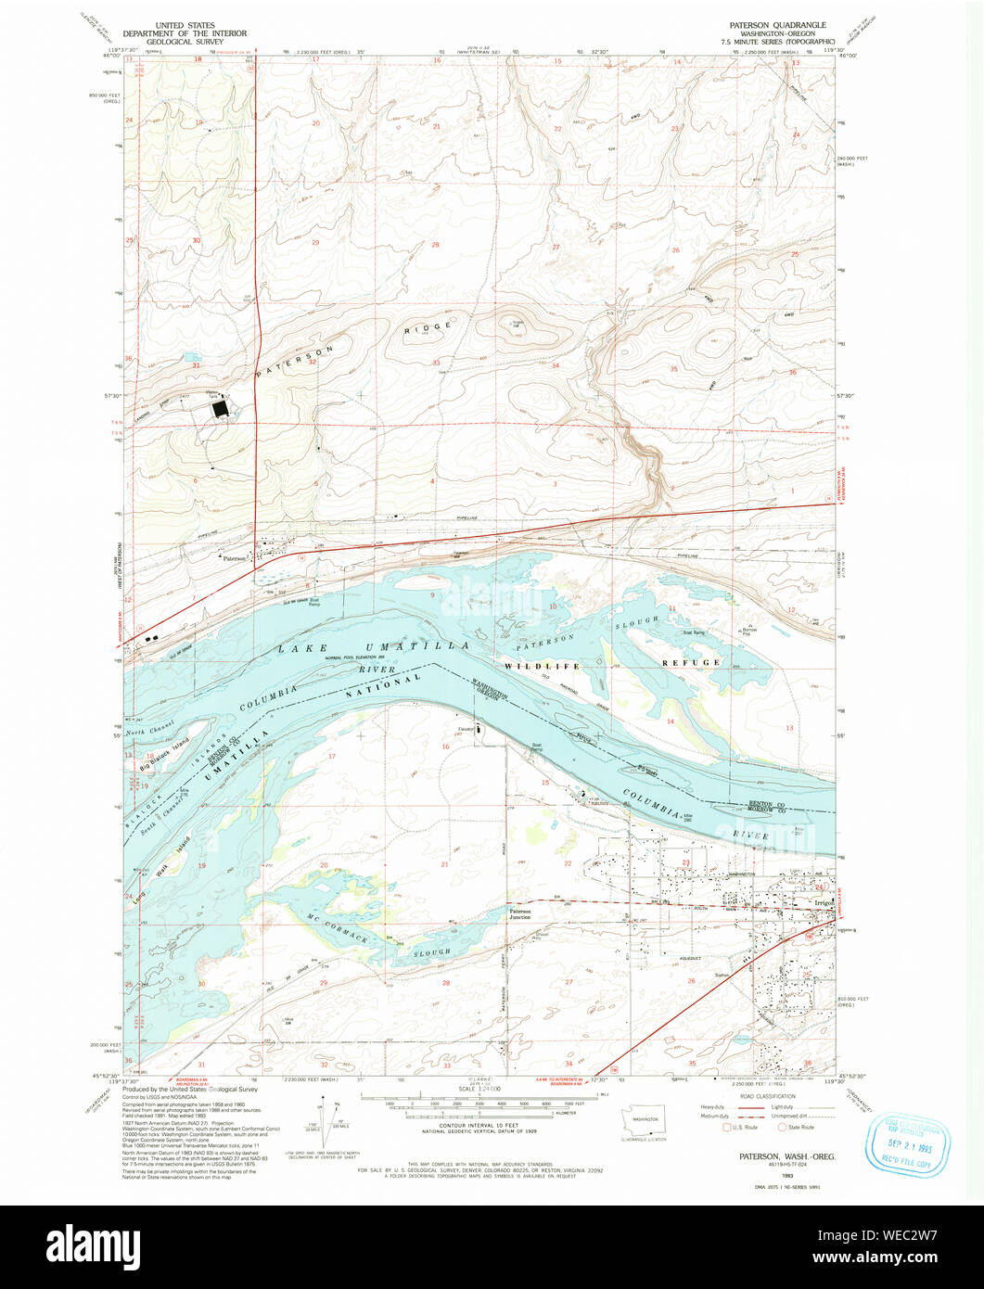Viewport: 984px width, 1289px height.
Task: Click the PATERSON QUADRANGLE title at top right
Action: click(777, 24)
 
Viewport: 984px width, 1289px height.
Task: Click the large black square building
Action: click(220, 409)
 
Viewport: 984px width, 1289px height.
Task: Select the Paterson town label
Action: click(234, 558)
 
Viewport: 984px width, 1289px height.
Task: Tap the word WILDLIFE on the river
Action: click(542, 666)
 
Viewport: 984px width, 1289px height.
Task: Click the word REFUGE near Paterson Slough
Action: click(690, 662)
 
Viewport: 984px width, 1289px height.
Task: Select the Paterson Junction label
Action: click(519, 913)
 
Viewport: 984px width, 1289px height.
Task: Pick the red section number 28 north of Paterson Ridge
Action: click(434, 245)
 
